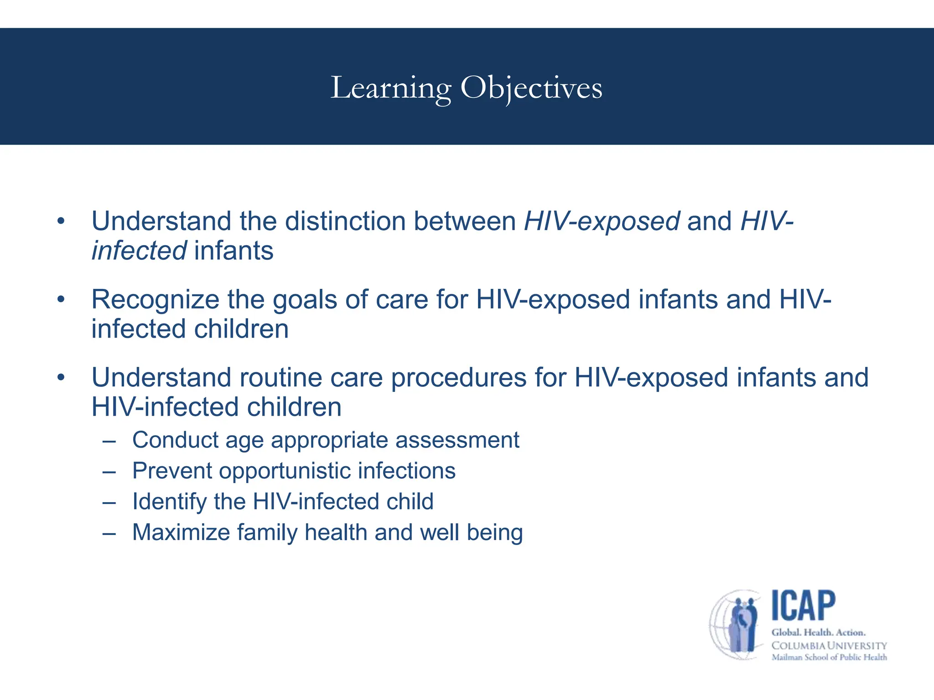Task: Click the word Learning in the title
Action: (x=391, y=87)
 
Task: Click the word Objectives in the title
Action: (x=531, y=87)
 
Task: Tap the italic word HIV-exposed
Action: (x=602, y=221)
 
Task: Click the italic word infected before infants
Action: (x=139, y=251)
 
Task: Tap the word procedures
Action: (x=459, y=378)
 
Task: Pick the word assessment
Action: (x=457, y=440)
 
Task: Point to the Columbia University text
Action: (x=829, y=646)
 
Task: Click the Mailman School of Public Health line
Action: (x=829, y=657)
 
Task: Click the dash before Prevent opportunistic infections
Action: (x=109, y=471)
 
